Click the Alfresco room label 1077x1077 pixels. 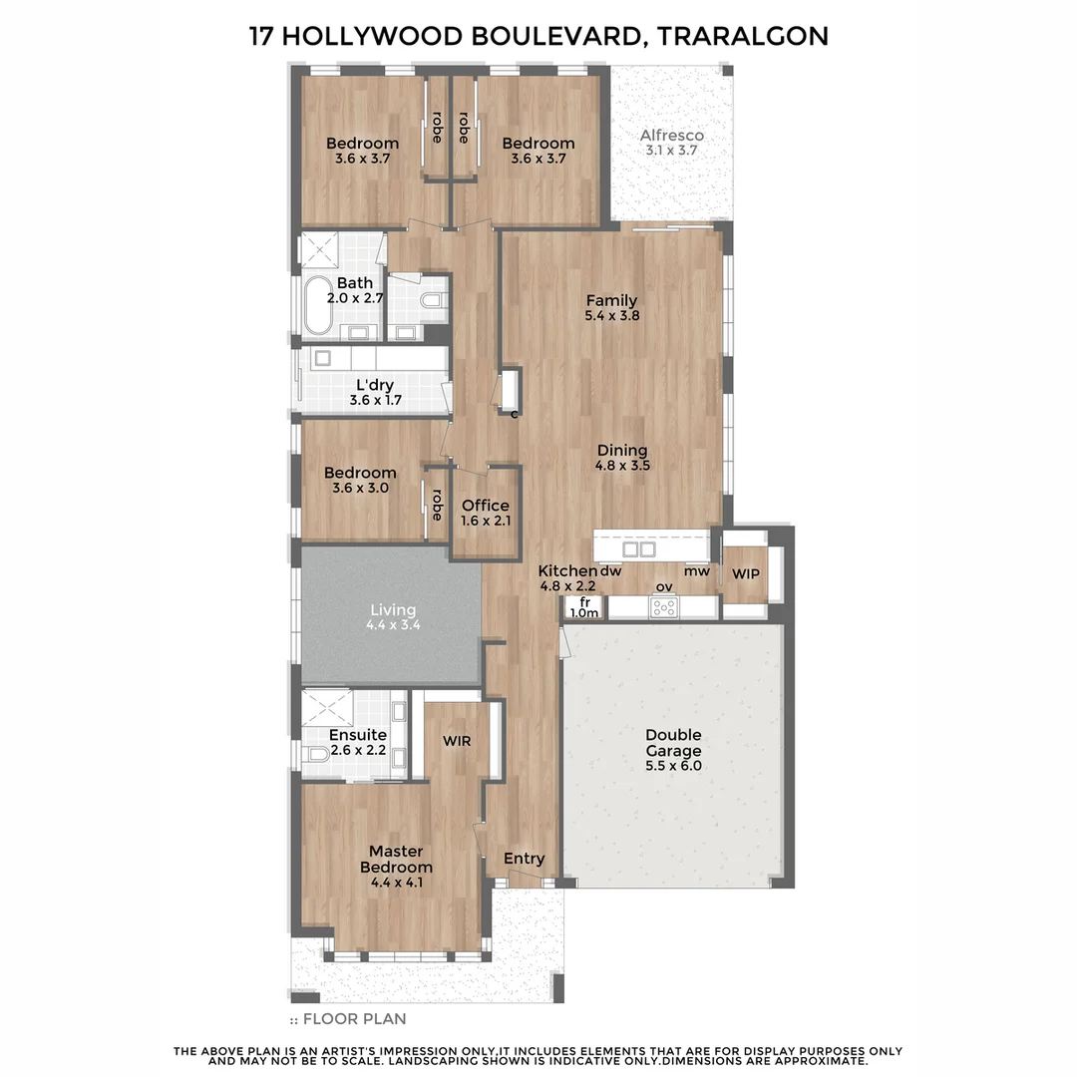click(672, 136)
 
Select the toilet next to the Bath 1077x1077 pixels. click(432, 300)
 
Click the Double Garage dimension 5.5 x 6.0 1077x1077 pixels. click(673, 767)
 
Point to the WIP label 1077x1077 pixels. click(745, 574)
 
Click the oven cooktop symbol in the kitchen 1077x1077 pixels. click(664, 605)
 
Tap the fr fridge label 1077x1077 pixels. click(585, 602)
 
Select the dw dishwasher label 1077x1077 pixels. click(610, 571)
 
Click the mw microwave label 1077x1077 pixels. click(697, 571)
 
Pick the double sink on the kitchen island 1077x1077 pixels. click(638, 549)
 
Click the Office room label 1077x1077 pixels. click(486, 506)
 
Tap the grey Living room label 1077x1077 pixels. click(392, 610)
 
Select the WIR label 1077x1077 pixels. click(457, 742)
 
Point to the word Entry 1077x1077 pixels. click(524, 859)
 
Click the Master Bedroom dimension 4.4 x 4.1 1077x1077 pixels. click(397, 882)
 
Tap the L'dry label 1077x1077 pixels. click(373, 385)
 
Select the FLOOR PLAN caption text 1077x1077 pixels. click(354, 1019)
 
